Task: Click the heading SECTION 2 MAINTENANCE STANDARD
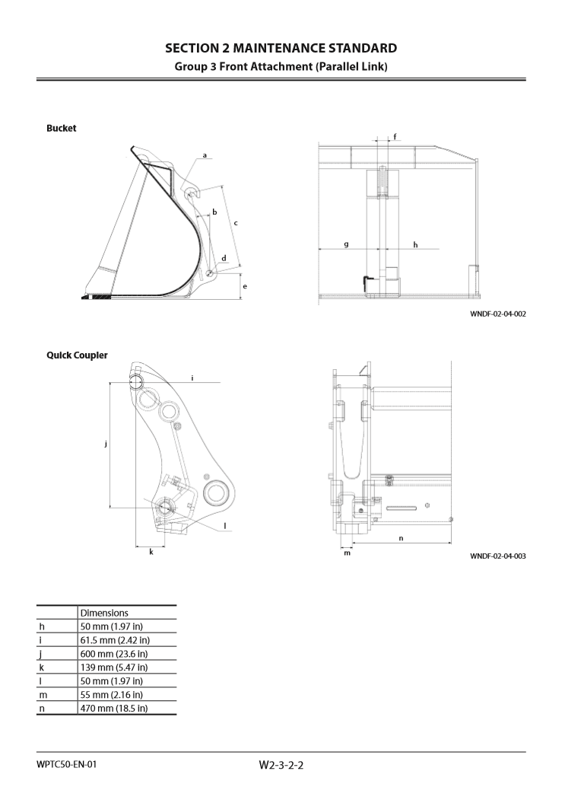click(x=281, y=49)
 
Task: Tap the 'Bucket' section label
click(x=61, y=128)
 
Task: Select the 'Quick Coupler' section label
click(x=77, y=355)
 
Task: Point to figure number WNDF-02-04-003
click(x=497, y=556)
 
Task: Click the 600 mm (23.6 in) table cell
click(x=114, y=653)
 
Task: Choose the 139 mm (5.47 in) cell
click(x=114, y=667)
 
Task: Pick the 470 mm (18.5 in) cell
click(x=114, y=708)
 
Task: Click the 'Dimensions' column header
click(x=104, y=612)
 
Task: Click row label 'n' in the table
click(x=42, y=708)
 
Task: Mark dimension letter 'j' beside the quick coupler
click(x=106, y=443)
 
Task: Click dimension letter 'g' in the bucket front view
click(x=346, y=244)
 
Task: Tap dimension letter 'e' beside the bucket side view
click(x=244, y=286)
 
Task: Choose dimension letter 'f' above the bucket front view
click(x=394, y=137)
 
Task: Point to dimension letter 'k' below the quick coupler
click(x=151, y=551)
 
